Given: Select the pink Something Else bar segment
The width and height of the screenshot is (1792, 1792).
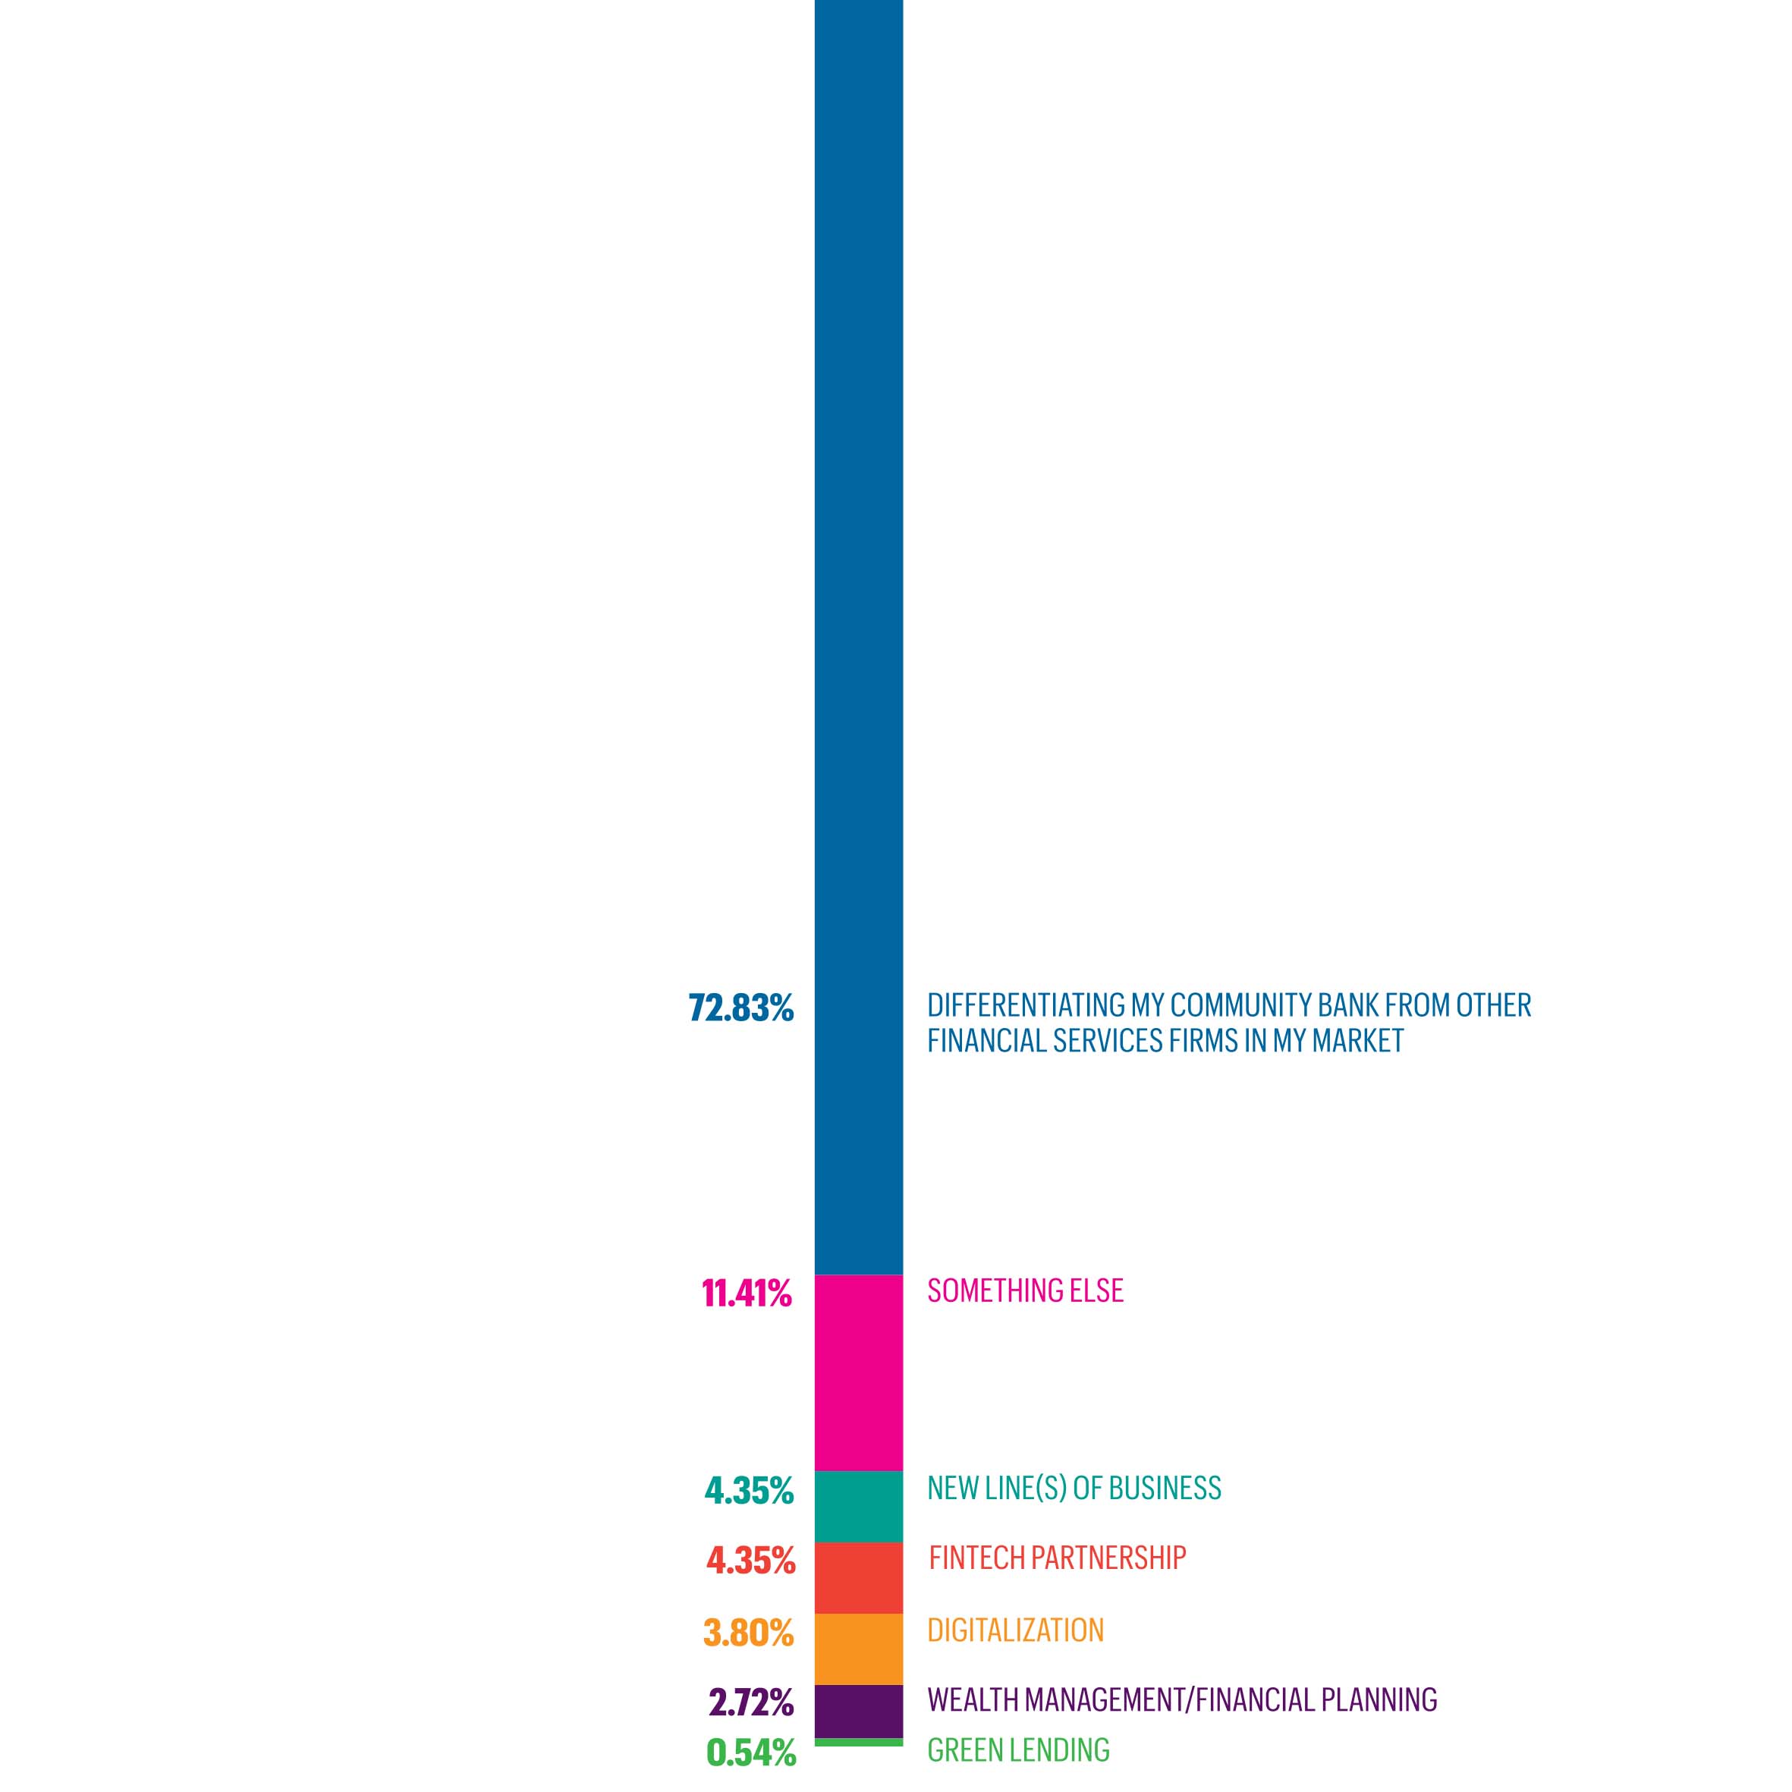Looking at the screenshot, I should point(858,1372).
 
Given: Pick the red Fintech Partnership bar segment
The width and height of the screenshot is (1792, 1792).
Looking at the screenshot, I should point(858,1578).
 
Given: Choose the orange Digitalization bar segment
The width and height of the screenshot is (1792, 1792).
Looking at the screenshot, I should point(858,1649).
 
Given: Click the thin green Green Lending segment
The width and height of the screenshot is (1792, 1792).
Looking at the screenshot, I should point(858,1743).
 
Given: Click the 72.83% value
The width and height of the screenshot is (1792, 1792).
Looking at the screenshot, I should point(741,1008).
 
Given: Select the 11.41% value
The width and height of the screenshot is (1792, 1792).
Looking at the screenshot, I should point(747,1293).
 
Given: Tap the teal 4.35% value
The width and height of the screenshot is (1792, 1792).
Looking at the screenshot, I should point(749,1491).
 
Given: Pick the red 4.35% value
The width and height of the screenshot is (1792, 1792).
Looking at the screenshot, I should point(750,1561).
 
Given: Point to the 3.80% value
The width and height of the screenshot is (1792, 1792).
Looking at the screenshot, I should point(749,1633).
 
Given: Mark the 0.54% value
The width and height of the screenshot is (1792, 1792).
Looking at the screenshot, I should point(750,1752).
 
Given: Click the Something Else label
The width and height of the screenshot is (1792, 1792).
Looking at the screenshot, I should point(1025,1291).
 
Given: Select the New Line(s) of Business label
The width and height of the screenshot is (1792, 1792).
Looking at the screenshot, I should point(1074,1488).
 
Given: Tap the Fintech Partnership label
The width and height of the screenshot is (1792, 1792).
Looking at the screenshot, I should point(1058,1558).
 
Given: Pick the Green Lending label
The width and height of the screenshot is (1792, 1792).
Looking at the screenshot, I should point(1018,1750).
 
